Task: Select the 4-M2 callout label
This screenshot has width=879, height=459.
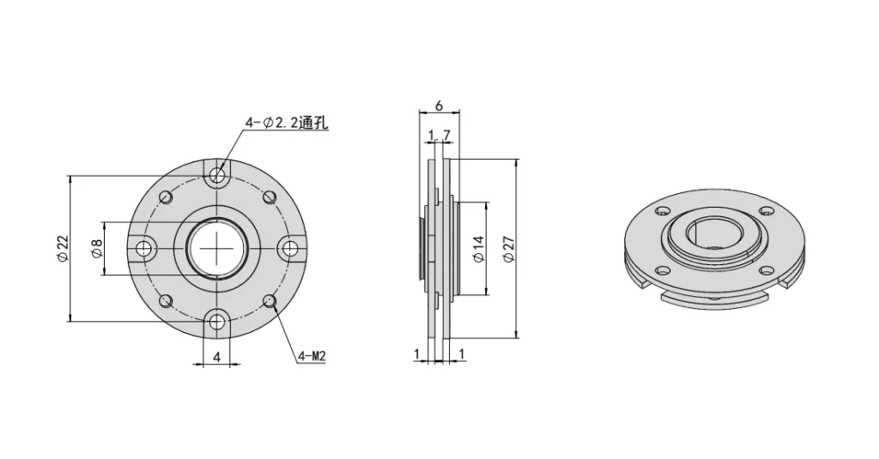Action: pyautogui.click(x=312, y=355)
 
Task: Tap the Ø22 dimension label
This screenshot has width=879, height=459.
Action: pyautogui.click(x=63, y=248)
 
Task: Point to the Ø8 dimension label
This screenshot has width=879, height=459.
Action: pyautogui.click(x=97, y=249)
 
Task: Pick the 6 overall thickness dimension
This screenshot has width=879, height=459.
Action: pyautogui.click(x=439, y=106)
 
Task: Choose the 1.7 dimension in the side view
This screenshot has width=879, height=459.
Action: pyautogui.click(x=439, y=135)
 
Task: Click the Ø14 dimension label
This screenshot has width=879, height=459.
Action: pyautogui.click(x=478, y=249)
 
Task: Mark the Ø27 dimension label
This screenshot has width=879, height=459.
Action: pyautogui.click(x=508, y=249)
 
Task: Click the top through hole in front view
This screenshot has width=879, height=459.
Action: pyautogui.click(x=218, y=176)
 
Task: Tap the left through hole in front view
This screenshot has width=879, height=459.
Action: pyautogui.click(x=145, y=249)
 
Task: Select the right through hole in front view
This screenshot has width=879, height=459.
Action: pyautogui.click(x=291, y=249)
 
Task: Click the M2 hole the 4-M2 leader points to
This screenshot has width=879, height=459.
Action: pyautogui.click(x=270, y=300)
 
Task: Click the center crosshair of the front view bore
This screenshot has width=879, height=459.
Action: pyautogui.click(x=218, y=249)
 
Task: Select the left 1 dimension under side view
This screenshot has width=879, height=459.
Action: pyautogui.click(x=416, y=353)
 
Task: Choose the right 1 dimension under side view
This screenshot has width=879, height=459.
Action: pyautogui.click(x=462, y=353)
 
